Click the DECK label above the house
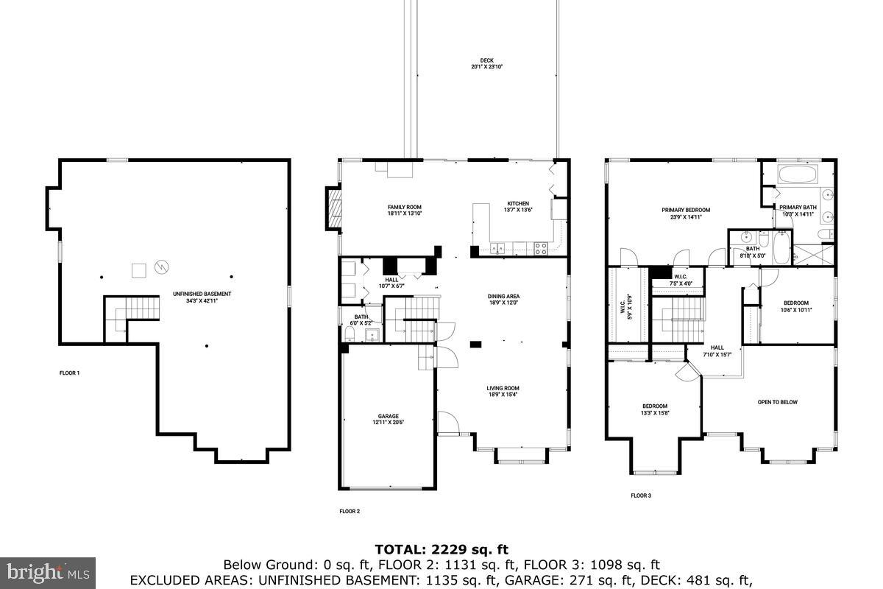click(486, 63)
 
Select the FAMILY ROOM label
click(404, 211)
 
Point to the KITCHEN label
click(517, 207)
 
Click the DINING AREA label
click(503, 300)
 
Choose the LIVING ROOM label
click(503, 392)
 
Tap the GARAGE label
click(388, 419)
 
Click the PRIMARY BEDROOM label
click(685, 214)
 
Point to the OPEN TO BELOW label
click(777, 402)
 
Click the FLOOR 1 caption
click(69, 373)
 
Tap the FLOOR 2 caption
click(350, 511)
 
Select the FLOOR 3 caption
click(640, 495)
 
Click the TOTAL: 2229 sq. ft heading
click(441, 549)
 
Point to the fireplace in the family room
click(334, 210)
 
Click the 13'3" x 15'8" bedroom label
click(654, 409)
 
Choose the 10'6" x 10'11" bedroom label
click(795, 306)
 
